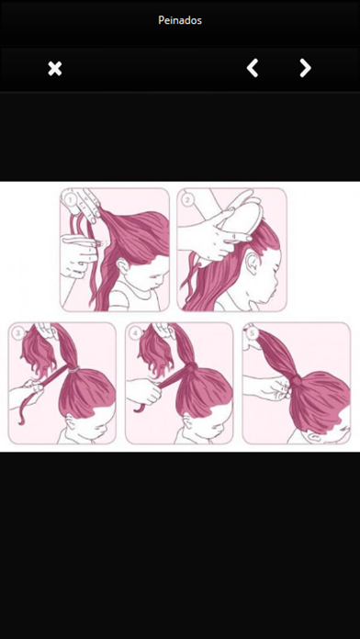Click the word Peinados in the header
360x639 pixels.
click(180, 20)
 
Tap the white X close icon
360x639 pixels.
click(55, 69)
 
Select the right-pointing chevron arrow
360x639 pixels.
click(306, 68)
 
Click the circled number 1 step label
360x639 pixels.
click(70, 200)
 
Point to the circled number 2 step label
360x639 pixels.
click(188, 200)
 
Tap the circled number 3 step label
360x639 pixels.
click(18, 333)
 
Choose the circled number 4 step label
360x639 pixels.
click(136, 333)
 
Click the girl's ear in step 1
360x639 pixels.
click(120, 267)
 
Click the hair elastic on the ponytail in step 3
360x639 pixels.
click(73, 370)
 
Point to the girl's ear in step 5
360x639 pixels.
click(316, 437)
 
